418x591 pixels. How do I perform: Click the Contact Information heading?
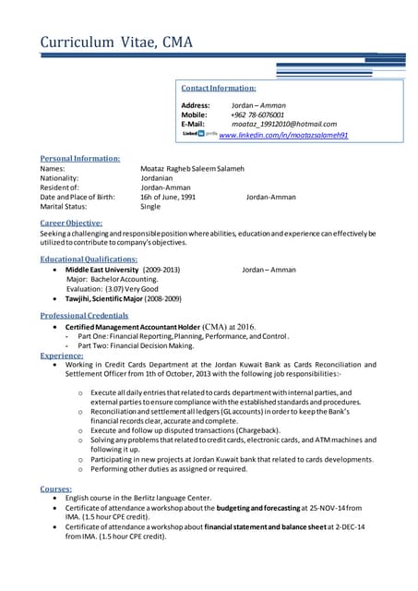[219, 88]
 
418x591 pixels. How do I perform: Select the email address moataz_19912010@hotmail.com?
[283, 124]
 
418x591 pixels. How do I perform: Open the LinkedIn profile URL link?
[283, 134]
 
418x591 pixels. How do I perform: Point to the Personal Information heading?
[80, 159]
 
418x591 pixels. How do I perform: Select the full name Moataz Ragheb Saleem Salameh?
[192, 169]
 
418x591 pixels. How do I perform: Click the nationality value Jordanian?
[161, 178]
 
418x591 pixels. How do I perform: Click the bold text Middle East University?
[102, 270]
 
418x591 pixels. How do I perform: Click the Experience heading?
[62, 355]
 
